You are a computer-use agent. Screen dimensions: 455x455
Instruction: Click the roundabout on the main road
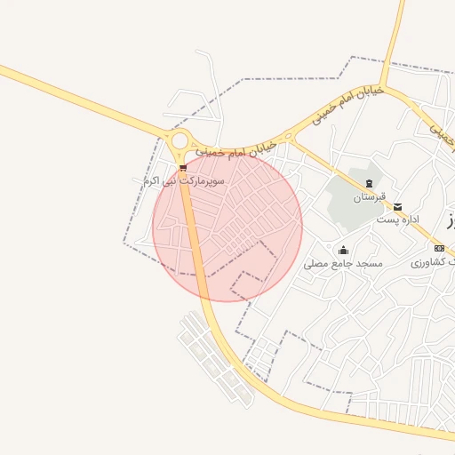pos(180,140)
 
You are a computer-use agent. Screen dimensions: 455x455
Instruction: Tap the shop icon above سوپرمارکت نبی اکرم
pos(183,167)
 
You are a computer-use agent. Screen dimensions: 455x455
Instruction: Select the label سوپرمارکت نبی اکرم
pos(185,180)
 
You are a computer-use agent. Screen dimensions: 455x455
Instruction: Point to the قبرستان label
pos(369,197)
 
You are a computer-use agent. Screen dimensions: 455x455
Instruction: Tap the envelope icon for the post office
pos(397,206)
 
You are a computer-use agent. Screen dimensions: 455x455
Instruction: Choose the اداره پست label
pos(396,219)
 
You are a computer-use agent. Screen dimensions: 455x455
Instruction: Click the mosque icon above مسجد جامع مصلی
pos(343,251)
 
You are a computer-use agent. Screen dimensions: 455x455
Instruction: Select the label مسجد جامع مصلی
pos(342,264)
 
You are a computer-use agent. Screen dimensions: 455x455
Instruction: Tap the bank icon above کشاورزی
pos(440,248)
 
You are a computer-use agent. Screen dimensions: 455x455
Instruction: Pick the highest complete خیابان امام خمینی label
pos(347,104)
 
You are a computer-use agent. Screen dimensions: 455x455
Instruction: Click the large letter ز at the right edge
pos(451,220)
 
